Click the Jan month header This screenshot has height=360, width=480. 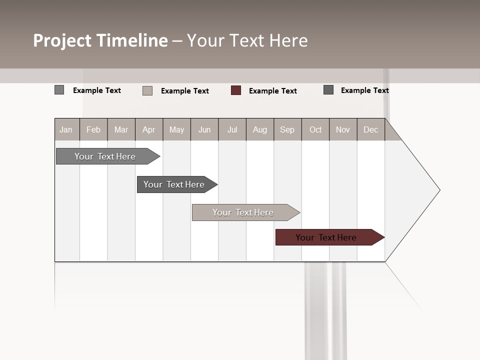pos(66,129)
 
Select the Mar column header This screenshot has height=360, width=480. pos(121,129)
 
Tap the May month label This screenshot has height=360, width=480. pos(176,129)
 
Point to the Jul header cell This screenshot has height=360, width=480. pos(232,129)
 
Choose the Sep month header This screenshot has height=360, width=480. pos(287,129)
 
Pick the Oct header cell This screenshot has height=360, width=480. pos(315,129)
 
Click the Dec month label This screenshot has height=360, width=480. pos(370,129)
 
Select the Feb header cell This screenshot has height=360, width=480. pos(93,129)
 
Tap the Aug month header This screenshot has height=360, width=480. pos(259,129)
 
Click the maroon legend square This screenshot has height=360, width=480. pos(236,90)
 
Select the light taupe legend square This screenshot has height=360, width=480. pos(147,90)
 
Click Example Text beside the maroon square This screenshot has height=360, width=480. pos(272,91)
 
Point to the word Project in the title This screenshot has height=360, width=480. pos(63,40)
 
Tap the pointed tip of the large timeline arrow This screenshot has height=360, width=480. pos(439,190)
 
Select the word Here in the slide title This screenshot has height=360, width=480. pos(288,40)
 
